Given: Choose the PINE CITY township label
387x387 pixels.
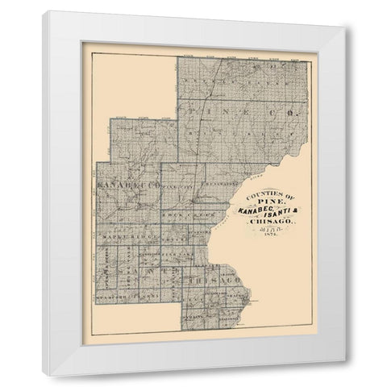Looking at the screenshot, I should [177, 186].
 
